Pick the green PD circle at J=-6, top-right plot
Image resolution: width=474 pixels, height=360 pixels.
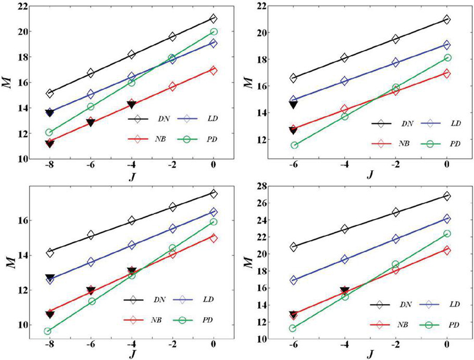coord(294,145)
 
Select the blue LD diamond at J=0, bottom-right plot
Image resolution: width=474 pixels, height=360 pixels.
coord(447,219)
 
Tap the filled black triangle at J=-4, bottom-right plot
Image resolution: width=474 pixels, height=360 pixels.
coord(345,291)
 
